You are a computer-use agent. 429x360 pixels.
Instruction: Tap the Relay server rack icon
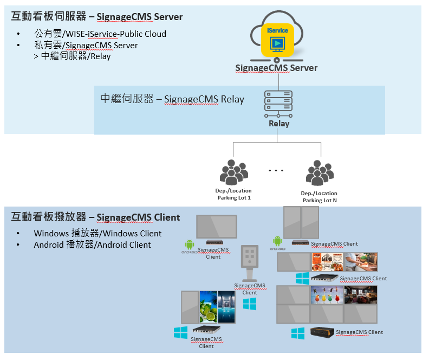pyautogui.click(x=278, y=104)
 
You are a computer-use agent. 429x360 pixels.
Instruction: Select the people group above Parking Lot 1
pyautogui.click(x=233, y=172)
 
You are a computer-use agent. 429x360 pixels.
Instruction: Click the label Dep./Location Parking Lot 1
pyautogui.click(x=233, y=194)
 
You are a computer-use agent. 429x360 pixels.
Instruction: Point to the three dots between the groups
pyautogui.click(x=276, y=171)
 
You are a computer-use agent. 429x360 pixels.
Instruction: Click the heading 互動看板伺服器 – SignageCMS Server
pyautogui.click(x=97, y=17)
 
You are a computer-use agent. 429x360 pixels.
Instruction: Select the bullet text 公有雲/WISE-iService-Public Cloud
pyautogui.click(x=100, y=34)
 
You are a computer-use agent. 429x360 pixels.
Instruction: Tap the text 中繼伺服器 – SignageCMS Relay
pyautogui.click(x=172, y=99)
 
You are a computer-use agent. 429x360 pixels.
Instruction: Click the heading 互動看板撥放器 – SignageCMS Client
pyautogui.click(x=95, y=217)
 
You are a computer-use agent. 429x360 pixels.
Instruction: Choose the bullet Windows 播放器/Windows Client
pyautogui.click(x=97, y=233)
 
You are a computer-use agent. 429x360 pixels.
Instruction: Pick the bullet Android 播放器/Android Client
pyautogui.click(x=92, y=245)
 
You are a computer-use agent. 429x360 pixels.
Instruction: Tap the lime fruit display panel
pyautogui.click(x=208, y=307)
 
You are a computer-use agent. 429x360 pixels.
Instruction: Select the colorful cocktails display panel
pyautogui.click(x=327, y=295)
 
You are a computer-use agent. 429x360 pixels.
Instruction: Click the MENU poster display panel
pyautogui.click(x=327, y=262)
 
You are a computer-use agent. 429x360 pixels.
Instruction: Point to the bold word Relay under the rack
pyautogui.click(x=279, y=124)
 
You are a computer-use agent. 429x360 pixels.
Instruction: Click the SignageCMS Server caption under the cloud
pyautogui.click(x=276, y=68)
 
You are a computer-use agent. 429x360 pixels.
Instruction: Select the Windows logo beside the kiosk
pyautogui.click(x=250, y=304)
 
